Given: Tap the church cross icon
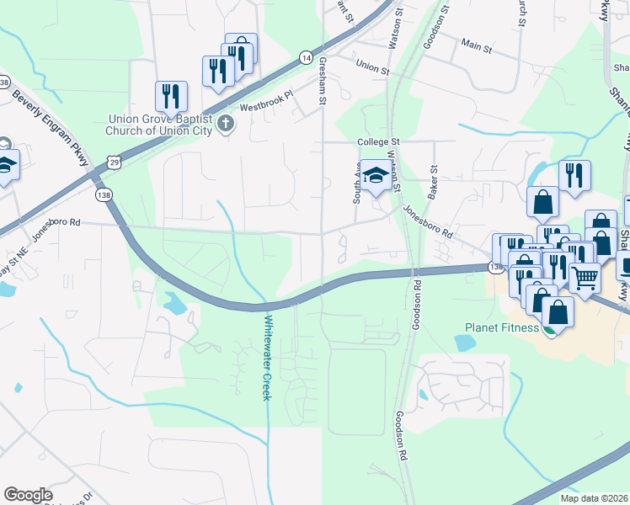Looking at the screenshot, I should [224, 125].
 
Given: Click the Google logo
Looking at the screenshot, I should [28, 495].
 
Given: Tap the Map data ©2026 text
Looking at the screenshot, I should [594, 498].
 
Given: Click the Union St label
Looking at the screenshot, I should [372, 66].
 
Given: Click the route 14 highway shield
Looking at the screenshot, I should [305, 56].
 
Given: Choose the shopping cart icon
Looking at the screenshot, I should [585, 275].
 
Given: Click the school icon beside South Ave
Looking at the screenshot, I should [376, 176].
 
